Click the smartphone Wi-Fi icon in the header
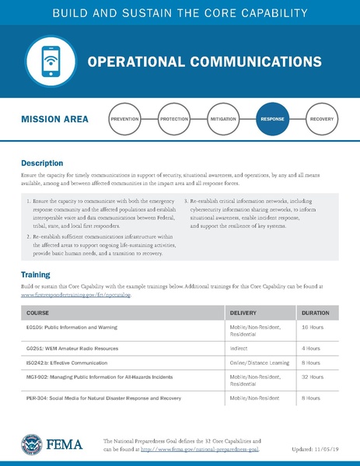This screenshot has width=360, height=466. coord(45,61)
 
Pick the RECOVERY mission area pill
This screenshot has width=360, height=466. coord(321,121)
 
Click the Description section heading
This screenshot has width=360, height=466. coord(42,163)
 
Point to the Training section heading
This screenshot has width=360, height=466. coord(36,275)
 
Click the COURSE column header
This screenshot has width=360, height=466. coord(37,313)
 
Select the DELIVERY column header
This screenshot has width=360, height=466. coord(244,313)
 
